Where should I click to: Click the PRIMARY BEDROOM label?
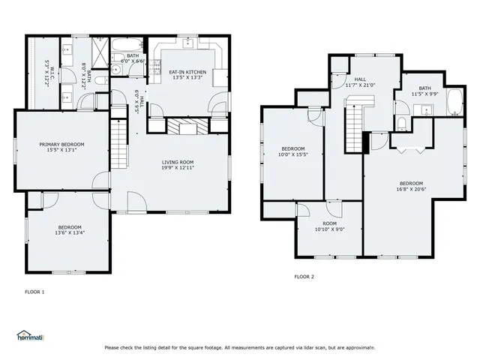(x=62, y=148)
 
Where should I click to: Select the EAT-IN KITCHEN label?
(x=187, y=73)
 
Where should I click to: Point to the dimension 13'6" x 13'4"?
(x=69, y=232)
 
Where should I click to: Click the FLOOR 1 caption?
(x=34, y=291)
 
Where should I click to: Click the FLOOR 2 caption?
(x=304, y=277)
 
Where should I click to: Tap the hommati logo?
(x=30, y=335)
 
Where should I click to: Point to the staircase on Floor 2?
(x=353, y=127)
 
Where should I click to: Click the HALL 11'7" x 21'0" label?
(x=360, y=82)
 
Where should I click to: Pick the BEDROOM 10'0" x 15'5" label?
(x=292, y=151)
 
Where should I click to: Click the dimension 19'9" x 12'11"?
(x=178, y=169)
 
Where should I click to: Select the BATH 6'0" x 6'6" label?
(x=133, y=58)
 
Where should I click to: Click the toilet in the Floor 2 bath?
(x=401, y=124)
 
